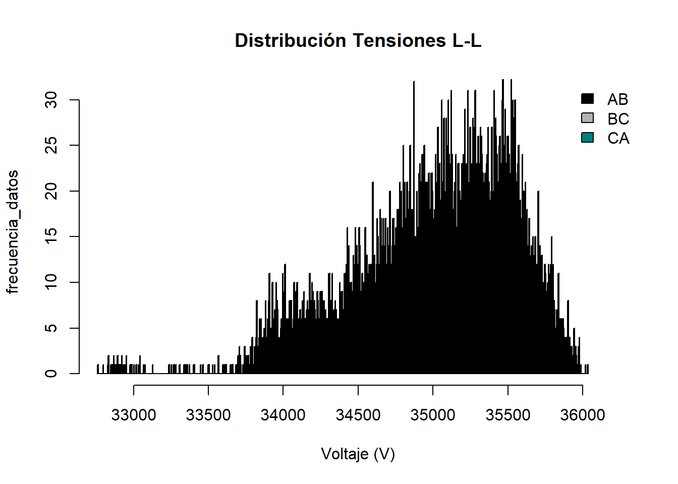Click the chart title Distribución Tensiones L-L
[x=358, y=41]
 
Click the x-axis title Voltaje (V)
[x=358, y=454]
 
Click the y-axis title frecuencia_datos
[x=13, y=231]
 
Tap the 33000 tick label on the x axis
[x=134, y=415]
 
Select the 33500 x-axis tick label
[x=208, y=415]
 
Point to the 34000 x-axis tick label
[x=283, y=415]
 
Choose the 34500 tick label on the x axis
[x=358, y=415]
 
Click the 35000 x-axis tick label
[x=433, y=415]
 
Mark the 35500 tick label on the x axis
[x=508, y=415]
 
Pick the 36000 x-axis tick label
[x=583, y=415]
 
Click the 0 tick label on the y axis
[x=51, y=374]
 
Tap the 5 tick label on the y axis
[x=51, y=328]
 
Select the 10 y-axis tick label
[x=51, y=282]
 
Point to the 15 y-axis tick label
[x=51, y=236]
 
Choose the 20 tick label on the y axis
[x=51, y=191]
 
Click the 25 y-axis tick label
[x=51, y=146]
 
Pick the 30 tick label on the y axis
[x=51, y=100]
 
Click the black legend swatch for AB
[x=587, y=99]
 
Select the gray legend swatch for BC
[x=587, y=118]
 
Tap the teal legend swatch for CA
[x=587, y=138]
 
